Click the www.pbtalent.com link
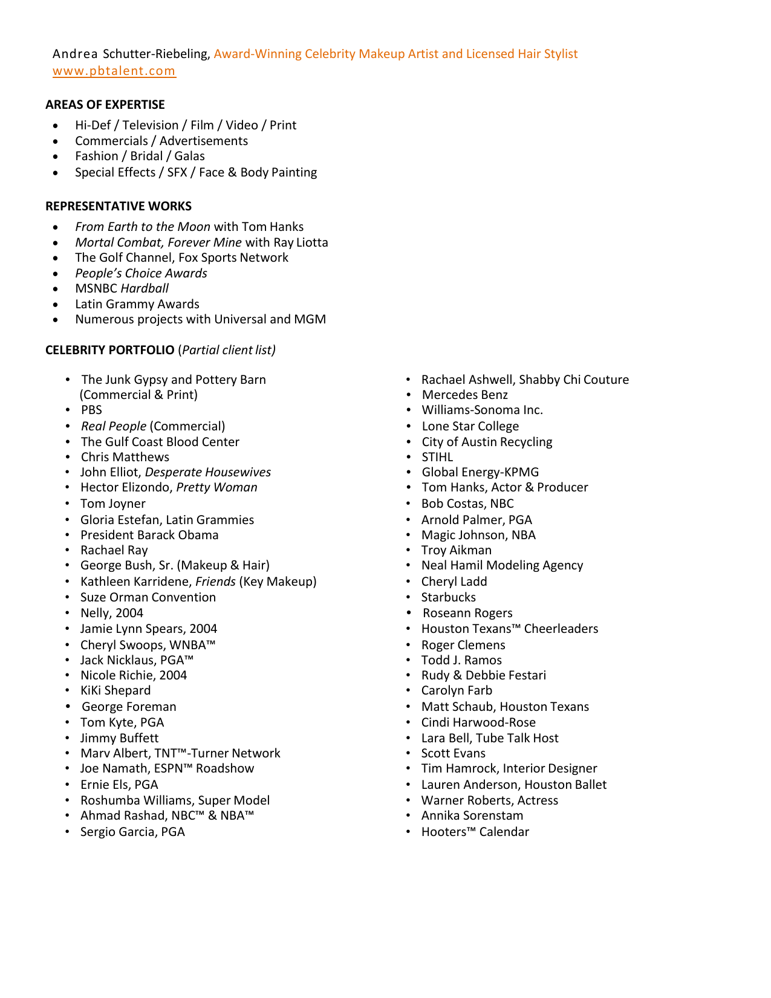click(x=114, y=71)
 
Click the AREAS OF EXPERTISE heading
click(x=105, y=105)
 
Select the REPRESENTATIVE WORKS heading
click(x=118, y=206)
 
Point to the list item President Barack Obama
click(x=149, y=535)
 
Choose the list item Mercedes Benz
click(x=464, y=395)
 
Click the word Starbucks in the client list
click(x=448, y=597)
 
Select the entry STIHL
click(x=437, y=457)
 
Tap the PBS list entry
click(x=91, y=410)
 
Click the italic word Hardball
click(x=145, y=288)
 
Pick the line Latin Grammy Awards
click(x=137, y=304)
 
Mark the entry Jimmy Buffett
click(x=119, y=738)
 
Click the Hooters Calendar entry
click(x=475, y=832)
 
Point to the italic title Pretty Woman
click(x=216, y=487)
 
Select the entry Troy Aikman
click(x=456, y=550)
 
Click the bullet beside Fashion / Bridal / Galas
click(x=56, y=157)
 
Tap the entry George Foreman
click(x=129, y=707)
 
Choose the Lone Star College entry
click(x=470, y=426)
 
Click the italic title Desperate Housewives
click(x=207, y=472)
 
